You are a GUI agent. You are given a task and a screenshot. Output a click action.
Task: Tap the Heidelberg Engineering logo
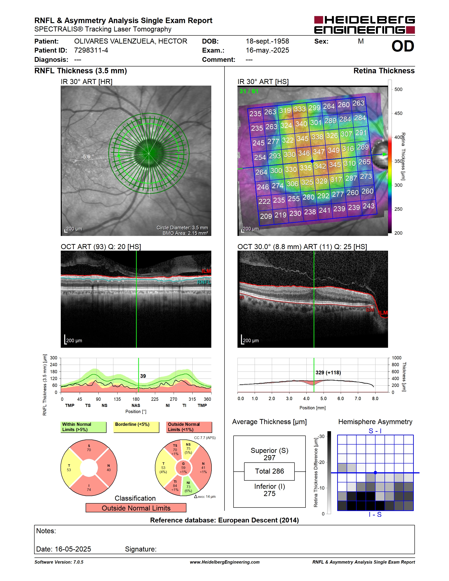(364, 25)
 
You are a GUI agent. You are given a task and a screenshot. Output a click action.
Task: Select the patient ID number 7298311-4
(91, 50)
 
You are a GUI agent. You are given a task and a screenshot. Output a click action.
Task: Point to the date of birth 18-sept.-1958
(267, 41)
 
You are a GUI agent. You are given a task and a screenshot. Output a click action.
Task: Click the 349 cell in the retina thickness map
(333, 150)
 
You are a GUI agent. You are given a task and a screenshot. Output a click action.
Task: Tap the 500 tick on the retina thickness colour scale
(398, 89)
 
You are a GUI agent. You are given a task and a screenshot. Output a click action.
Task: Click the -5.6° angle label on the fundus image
(87, 157)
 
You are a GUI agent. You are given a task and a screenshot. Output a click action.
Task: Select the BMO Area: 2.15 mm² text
(185, 233)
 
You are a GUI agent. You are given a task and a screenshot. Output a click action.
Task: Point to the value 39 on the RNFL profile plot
(143, 376)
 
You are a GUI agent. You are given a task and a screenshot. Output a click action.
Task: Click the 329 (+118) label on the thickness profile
(328, 372)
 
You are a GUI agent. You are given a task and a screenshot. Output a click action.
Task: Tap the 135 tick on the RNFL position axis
(117, 399)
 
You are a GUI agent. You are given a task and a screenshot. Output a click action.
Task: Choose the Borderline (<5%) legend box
(136, 427)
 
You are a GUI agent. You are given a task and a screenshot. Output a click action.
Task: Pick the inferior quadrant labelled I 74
(89, 486)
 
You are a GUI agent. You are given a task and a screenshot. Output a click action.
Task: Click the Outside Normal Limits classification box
(136, 508)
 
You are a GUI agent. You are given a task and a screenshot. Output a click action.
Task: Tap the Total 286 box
(269, 471)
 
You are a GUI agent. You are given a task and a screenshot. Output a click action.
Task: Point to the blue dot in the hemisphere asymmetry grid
(375, 473)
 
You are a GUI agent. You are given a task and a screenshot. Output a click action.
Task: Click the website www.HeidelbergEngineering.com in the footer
(225, 562)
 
